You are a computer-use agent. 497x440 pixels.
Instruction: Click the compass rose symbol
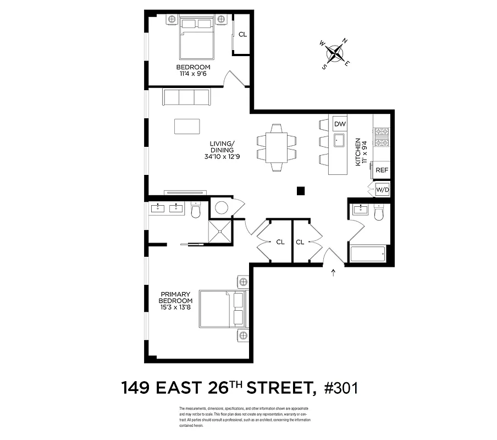pos(335,53)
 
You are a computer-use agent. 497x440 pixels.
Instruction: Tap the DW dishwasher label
pos(340,124)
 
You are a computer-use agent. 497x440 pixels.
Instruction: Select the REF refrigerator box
pos(382,170)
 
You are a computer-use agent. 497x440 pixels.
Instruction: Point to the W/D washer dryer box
pos(382,190)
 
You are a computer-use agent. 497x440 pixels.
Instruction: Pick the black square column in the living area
pos(300,191)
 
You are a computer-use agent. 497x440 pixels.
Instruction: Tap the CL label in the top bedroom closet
pos(242,34)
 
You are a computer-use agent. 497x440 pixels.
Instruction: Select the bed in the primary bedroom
pos(220,309)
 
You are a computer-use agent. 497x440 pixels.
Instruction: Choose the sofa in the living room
pos(186,97)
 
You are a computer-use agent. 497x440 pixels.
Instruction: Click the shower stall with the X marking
pos(220,230)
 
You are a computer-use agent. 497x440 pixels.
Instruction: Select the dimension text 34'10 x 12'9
pos(222,156)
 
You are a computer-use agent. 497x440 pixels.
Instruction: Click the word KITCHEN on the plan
pos(357,152)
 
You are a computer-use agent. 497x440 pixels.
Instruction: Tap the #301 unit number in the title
pos(341,388)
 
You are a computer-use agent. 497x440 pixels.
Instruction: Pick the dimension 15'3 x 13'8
pos(176,307)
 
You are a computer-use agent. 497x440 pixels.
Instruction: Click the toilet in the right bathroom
pos(378,212)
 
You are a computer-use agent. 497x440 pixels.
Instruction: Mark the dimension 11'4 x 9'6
pos(193,74)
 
